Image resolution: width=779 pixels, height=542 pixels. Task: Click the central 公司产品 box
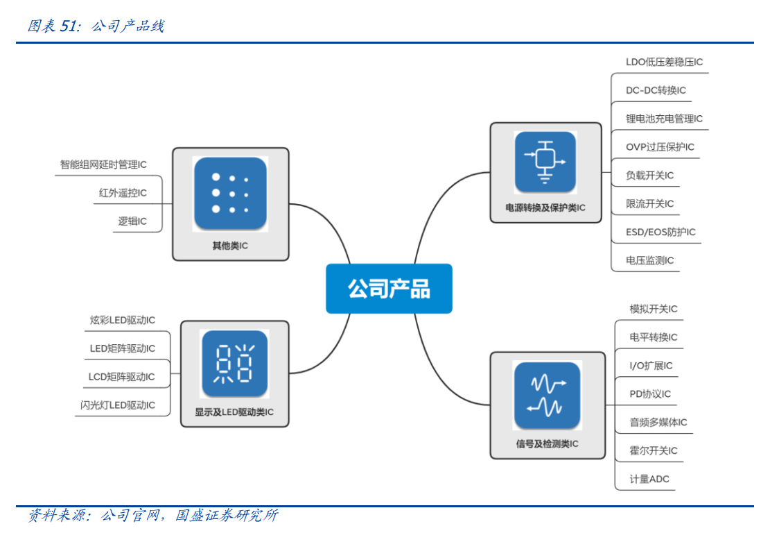389,289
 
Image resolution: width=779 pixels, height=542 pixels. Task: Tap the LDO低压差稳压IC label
664,62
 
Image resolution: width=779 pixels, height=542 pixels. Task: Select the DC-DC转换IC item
656,90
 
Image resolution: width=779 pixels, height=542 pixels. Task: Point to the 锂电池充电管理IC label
664,119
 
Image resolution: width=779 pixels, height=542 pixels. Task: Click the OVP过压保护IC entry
660,147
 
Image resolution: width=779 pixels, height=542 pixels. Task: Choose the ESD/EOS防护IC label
660,232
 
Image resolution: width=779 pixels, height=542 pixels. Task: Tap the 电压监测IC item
649,260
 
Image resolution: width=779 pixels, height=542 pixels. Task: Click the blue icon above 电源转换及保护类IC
545,162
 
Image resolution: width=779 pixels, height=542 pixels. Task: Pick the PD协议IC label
650,394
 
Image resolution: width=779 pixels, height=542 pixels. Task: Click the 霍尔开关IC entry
654,450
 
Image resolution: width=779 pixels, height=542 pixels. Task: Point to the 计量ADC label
649,479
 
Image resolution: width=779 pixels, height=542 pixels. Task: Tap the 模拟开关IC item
654,309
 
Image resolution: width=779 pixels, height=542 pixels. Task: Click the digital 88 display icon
234,364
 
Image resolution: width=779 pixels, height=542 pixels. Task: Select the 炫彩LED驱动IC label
123,320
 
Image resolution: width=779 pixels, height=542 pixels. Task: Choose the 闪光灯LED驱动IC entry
118,405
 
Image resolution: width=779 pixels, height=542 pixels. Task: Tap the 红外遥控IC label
123,193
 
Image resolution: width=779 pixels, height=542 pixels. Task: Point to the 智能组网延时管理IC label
103,164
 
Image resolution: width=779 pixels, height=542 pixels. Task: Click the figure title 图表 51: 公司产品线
96,26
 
